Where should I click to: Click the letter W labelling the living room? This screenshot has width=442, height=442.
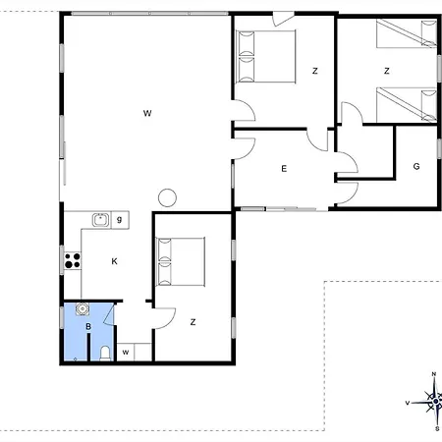tap(147, 113)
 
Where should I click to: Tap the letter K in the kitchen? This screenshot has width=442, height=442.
tap(114, 261)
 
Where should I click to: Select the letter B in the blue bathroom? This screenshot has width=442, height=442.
tap(88, 326)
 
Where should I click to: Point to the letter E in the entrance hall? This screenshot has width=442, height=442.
tap(284, 169)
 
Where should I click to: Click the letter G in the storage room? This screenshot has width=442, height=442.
tap(416, 166)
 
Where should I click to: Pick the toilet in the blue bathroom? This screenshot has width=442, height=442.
tap(105, 354)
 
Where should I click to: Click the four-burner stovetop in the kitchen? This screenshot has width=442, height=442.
tap(73, 260)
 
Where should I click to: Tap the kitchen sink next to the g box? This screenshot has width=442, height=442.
tap(100, 220)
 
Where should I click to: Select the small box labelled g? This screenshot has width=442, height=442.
tap(120, 220)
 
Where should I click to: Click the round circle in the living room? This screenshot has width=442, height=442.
tap(167, 197)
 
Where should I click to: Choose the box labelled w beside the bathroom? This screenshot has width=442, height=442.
tap(126, 352)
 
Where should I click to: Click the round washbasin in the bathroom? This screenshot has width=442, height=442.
tap(83, 308)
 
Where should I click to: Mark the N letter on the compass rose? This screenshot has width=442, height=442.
tap(434, 374)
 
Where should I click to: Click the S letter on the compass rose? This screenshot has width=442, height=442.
tap(437, 428)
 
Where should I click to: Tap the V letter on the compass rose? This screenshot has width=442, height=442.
tap(408, 403)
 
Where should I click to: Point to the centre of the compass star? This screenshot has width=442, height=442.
tap(436, 401)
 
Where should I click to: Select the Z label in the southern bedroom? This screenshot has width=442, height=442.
tap(193, 322)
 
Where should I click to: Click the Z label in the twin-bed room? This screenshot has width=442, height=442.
tap(387, 71)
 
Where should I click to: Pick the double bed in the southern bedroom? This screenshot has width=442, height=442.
tap(180, 261)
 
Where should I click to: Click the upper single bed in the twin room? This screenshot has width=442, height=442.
tap(407, 33)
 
